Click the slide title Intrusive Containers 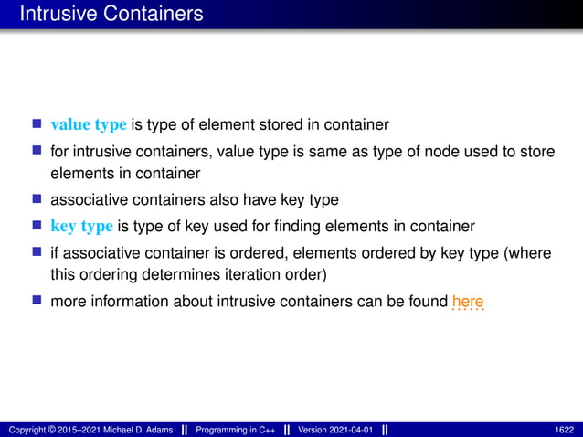111,15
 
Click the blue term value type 89,124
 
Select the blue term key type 81,226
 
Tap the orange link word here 467,302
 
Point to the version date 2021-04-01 349,430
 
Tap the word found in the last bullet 426,302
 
